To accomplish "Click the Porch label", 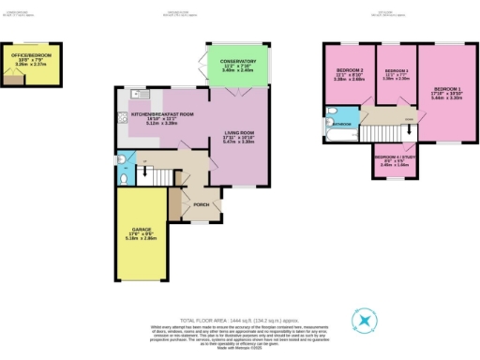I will pyautogui.click(x=200, y=204).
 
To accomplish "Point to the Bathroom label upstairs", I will pyautogui.click(x=339, y=123).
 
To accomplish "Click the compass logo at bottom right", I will pyautogui.click(x=364, y=321).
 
